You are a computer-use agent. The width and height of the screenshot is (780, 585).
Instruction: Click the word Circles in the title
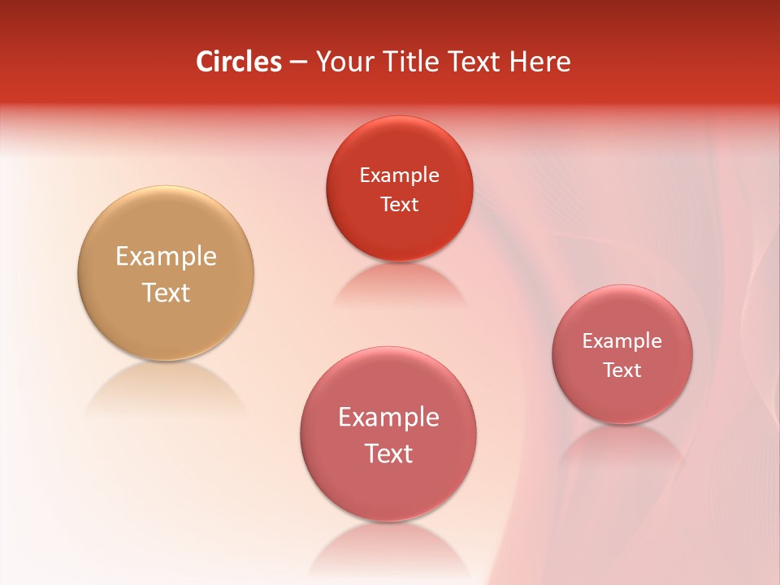coord(238,62)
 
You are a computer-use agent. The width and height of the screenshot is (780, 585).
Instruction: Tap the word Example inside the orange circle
coord(166,257)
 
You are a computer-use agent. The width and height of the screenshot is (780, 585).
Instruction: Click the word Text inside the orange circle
coord(166,292)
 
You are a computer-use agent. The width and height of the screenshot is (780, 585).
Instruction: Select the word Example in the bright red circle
coord(399,175)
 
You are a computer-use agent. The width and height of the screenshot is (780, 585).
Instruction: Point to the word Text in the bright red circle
coord(399,204)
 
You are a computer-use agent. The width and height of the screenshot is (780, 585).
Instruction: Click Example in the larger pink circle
coord(388,418)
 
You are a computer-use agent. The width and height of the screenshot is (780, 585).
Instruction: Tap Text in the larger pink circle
coord(388,453)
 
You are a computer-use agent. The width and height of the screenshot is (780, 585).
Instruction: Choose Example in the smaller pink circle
coord(622,341)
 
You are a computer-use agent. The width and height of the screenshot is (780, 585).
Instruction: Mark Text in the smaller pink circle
coord(622,370)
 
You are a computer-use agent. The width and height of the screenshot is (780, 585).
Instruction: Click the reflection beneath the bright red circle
coord(399,284)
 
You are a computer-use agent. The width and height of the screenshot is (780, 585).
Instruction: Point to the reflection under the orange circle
coord(166,387)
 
